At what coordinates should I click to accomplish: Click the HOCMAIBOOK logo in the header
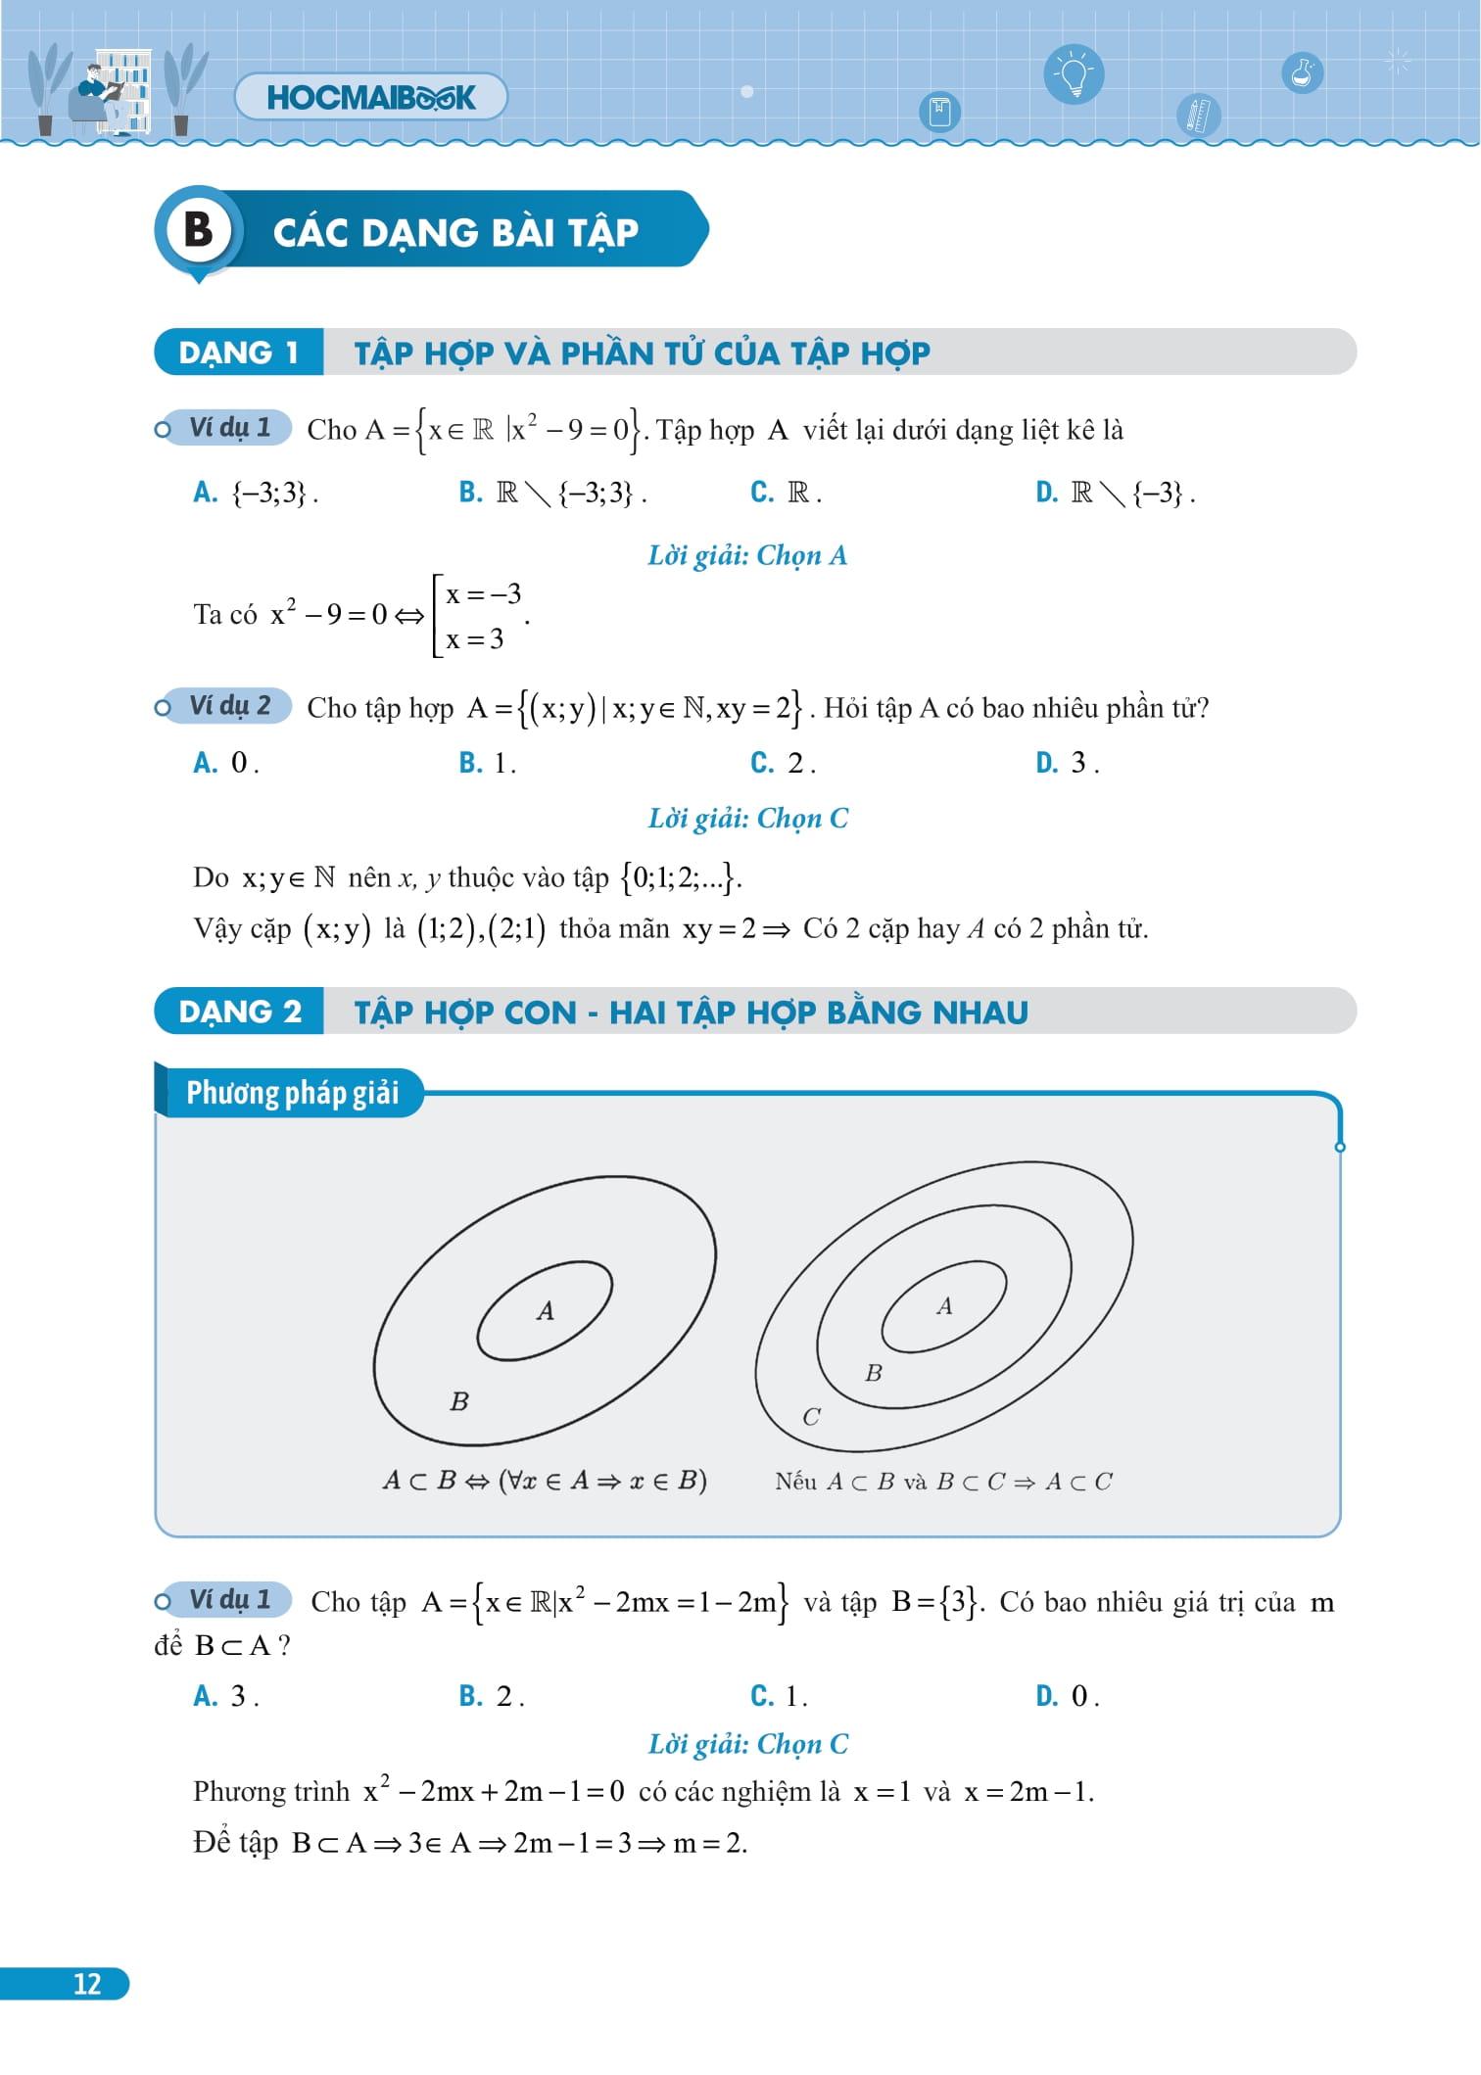[370, 97]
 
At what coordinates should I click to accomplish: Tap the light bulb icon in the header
[1074, 74]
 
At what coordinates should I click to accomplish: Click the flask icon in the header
[1301, 72]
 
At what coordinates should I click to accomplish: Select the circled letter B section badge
[199, 230]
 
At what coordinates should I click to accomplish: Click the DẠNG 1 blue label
[238, 353]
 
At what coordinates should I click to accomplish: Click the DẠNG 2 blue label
[239, 1012]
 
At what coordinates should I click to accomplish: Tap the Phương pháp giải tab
[291, 1093]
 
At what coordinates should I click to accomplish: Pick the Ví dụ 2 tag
[229, 706]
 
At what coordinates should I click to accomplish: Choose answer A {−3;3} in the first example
[257, 493]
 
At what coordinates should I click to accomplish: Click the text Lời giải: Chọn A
[746, 556]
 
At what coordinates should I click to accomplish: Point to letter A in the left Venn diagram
[546, 1310]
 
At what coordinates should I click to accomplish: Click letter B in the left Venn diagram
[458, 1402]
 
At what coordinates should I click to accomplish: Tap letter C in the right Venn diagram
[811, 1417]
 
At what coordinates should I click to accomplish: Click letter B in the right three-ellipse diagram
[874, 1373]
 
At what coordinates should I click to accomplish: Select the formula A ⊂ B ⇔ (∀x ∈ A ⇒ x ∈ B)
[545, 1481]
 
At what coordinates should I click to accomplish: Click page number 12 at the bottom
[86, 1984]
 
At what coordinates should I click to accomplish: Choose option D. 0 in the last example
[1068, 1696]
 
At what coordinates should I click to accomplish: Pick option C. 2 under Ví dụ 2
[783, 763]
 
